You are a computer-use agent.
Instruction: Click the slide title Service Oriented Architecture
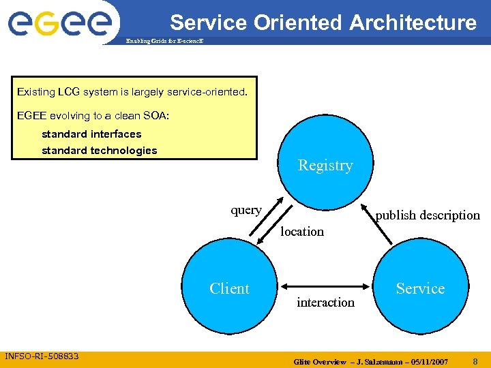point(323,22)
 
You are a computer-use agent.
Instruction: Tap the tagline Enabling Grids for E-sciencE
point(164,42)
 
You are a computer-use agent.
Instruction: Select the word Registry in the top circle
point(325,166)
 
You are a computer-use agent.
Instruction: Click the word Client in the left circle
point(229,289)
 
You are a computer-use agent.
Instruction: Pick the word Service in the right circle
point(420,289)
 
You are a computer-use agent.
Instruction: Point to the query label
point(245,210)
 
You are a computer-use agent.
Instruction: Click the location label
point(302,232)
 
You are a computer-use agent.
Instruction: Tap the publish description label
point(428,215)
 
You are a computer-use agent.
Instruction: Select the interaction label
point(325,303)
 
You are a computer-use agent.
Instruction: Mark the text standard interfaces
point(91,134)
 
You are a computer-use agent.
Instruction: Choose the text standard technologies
point(100,151)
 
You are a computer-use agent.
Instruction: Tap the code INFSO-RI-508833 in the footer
point(42,356)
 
